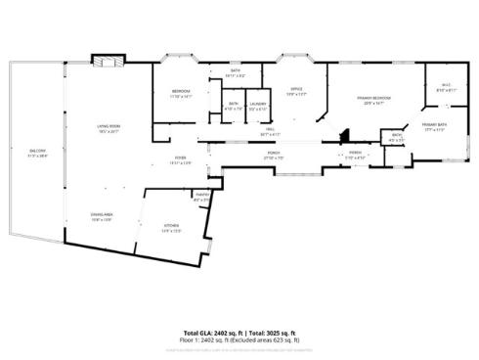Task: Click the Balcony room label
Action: coord(38,150)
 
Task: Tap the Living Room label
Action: coord(108,126)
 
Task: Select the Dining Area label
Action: coord(102,218)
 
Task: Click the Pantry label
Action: coord(202,197)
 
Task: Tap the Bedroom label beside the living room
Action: coord(182,92)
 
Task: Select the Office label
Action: coord(296,90)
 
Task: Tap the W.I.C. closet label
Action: coord(445,86)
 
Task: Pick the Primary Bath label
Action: coord(434,125)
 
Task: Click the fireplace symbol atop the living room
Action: coord(106,61)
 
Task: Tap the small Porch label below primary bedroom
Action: coord(354,154)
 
